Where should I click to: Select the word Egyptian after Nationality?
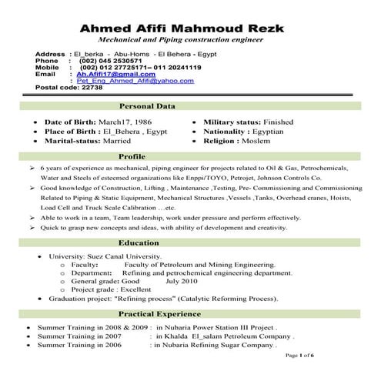[x=284, y=132]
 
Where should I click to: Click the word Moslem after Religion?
[x=266, y=142]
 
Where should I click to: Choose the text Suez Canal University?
[x=125, y=256]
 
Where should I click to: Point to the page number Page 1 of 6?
[x=299, y=356]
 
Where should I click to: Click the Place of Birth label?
[x=70, y=132]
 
